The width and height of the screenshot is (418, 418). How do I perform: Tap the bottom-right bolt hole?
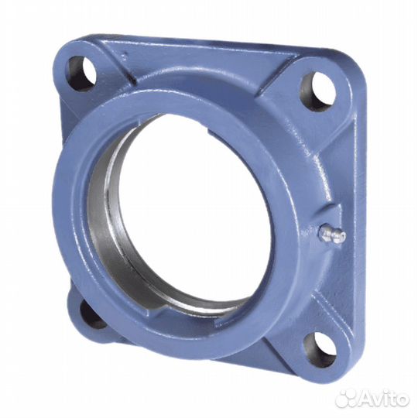pos(319,349)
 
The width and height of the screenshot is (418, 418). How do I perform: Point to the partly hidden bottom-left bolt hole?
pos(92,313)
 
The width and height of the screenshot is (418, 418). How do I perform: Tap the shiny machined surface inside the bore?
pos(104,224)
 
